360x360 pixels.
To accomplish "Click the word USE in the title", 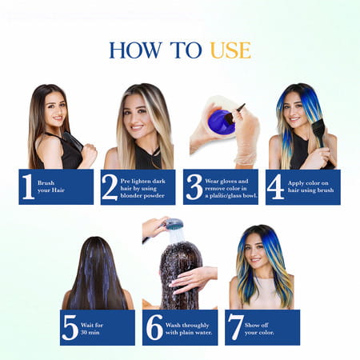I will pos(230,50).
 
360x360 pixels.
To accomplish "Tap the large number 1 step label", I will pos(28,186).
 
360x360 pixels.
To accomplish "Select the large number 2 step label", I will pos(110,186).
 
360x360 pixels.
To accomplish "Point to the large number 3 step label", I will pos(194,186).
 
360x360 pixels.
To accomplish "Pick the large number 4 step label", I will pos(275,186).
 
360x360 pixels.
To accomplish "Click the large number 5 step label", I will pos(70,328).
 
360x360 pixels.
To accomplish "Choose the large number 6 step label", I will pos(153,328).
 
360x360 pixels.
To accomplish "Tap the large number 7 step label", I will pos(234,328).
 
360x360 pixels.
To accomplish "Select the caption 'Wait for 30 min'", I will pos(95,329).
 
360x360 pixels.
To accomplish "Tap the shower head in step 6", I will pos(171,226).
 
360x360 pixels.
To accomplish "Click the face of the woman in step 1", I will pos(55,110).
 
